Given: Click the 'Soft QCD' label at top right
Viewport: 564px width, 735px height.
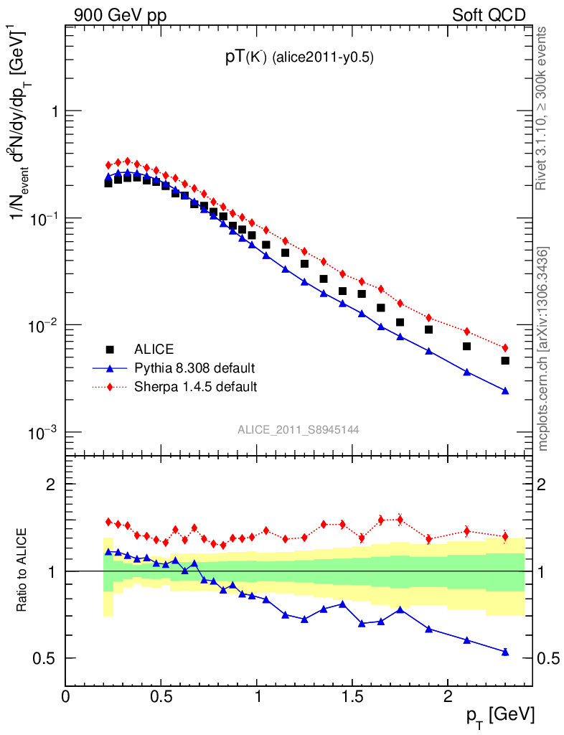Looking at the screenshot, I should click(489, 14).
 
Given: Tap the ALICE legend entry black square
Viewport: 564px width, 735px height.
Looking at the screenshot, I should click(111, 350).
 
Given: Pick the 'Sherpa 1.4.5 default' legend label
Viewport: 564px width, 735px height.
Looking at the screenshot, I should click(196, 387).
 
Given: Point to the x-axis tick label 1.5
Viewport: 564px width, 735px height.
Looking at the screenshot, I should click(352, 696).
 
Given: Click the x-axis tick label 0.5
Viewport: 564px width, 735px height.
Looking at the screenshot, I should click(161, 696).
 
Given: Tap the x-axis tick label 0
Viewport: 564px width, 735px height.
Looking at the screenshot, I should click(66, 696).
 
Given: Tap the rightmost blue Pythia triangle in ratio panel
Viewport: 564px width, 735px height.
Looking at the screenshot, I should click(505, 652).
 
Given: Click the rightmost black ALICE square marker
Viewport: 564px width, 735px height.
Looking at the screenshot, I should click(505, 360).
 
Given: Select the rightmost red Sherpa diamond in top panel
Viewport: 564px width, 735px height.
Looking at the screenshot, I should click(505, 348).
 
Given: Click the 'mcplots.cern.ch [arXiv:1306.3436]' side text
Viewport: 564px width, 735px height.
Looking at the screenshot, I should click(545, 349).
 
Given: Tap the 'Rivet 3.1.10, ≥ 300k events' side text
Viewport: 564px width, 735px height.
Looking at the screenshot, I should click(545, 108).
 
